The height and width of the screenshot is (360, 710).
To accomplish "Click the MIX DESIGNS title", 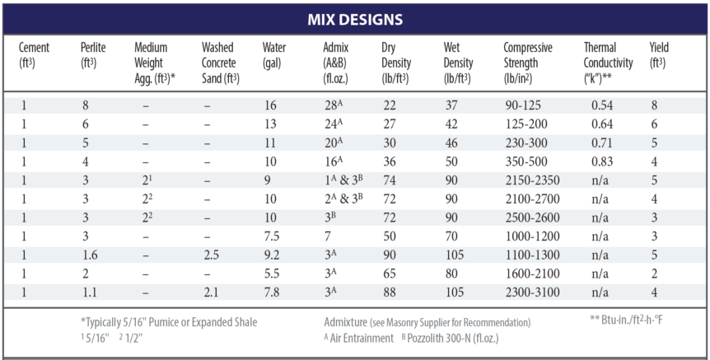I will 355,18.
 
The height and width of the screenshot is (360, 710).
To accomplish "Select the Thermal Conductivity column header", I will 608,63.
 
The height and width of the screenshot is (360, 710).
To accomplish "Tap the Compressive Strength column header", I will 528,63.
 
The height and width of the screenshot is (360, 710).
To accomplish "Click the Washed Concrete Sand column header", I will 220,63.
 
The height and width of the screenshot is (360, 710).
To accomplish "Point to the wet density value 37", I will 451,105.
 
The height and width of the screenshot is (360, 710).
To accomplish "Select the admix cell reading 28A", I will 334,105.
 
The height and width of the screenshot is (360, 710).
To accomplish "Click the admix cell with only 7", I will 327,236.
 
